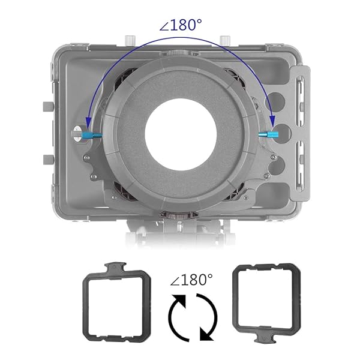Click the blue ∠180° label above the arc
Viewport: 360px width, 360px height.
point(181,25)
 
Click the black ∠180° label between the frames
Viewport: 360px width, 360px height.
point(191,280)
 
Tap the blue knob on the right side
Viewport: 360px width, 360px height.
point(268,134)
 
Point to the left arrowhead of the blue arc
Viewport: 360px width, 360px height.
point(88,122)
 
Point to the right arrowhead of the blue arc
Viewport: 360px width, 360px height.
point(272,121)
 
